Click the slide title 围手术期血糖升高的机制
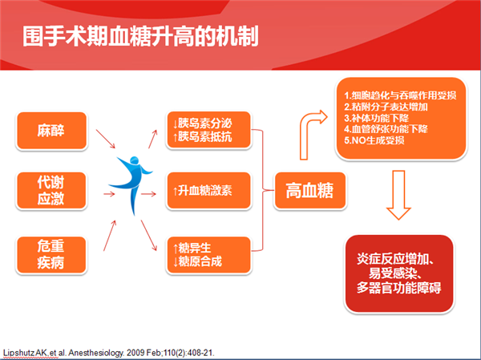(140, 37)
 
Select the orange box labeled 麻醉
(51, 131)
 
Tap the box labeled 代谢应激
(51, 191)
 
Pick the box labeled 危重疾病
(51, 255)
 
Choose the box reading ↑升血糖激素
(208, 191)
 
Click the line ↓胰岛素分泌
(202, 123)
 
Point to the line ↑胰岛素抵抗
(202, 137)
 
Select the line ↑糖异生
(192, 248)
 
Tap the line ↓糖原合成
(197, 261)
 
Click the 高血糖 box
(309, 191)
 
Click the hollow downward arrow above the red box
(398, 195)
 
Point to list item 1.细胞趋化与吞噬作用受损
(400, 95)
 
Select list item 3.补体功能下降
(377, 118)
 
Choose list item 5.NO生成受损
(374, 140)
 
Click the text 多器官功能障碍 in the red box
(398, 288)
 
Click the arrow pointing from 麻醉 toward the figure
(106, 139)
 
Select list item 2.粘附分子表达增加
(386, 107)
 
